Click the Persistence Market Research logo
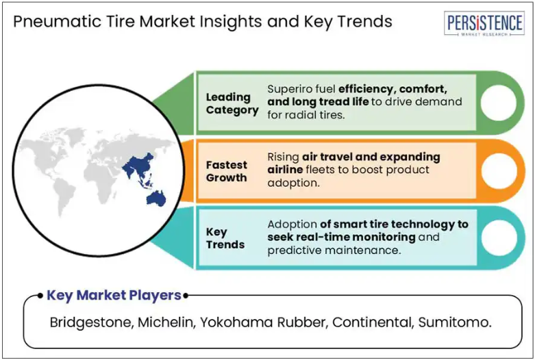tap(484, 23)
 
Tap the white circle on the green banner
tap(499, 103)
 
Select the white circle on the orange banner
tap(499, 170)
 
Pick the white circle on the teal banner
tap(499, 238)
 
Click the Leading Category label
tap(232, 103)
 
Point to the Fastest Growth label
tap(227, 171)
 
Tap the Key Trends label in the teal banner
tap(225, 238)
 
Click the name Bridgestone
tap(90, 322)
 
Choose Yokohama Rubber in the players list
tap(264, 322)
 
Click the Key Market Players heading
tap(114, 295)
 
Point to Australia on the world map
tap(156, 198)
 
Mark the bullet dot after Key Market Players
tap(185, 296)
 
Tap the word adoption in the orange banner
tap(293, 183)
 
